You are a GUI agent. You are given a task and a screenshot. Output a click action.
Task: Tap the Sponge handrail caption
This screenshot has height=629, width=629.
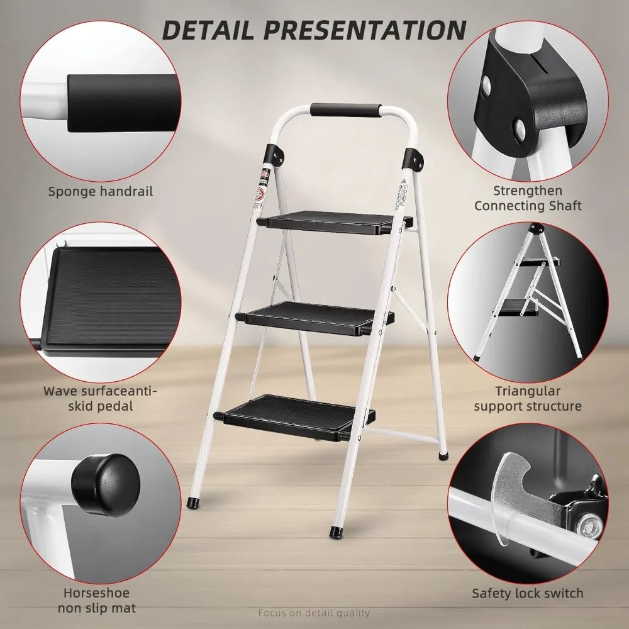101,191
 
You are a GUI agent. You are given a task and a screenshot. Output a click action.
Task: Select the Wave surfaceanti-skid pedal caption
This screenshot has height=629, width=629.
101,399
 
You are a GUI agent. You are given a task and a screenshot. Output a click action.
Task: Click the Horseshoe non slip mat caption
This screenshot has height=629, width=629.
97,600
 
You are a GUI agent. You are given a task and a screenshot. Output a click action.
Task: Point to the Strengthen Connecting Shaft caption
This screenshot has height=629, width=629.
528,198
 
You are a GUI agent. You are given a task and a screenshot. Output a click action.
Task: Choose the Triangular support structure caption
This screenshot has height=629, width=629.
528,399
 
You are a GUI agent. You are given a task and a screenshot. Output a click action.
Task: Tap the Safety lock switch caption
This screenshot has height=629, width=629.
528,593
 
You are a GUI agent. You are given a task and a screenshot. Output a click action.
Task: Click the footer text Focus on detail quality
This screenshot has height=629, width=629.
314,613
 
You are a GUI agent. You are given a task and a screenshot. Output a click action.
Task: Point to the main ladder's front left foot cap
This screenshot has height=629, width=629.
192,504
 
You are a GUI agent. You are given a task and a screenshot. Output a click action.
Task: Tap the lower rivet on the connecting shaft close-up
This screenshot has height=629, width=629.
520,129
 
